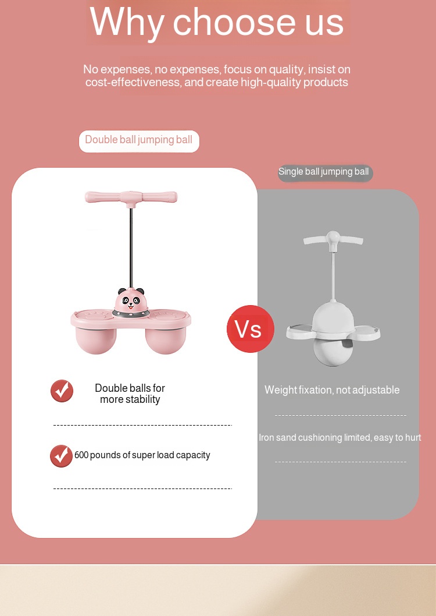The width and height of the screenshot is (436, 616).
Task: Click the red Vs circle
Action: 250,329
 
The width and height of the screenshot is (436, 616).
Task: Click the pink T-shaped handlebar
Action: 131,197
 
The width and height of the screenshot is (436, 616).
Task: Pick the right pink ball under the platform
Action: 165,338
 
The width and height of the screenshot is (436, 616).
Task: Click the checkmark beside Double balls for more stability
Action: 62,391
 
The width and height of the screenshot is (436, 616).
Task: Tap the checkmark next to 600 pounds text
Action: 62,456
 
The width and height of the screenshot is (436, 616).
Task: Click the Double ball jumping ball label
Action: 139,140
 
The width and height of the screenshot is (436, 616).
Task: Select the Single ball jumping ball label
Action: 324,172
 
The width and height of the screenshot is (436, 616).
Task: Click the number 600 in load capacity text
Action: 81,455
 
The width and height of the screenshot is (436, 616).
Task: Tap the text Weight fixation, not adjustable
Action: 332,390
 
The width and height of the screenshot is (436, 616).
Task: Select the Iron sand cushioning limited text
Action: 340,438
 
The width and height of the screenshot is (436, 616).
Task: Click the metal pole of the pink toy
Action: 131,245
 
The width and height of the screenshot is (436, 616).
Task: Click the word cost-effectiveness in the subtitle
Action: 133,83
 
